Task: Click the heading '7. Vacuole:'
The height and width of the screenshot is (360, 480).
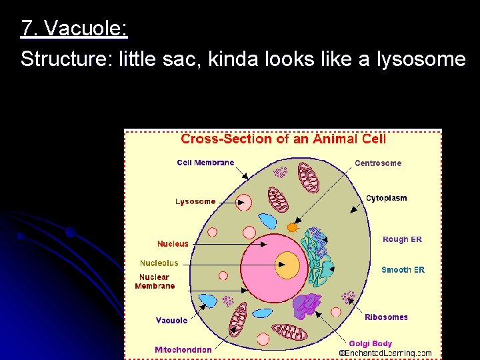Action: coord(74,29)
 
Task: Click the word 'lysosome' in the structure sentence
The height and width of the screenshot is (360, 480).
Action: coord(423,60)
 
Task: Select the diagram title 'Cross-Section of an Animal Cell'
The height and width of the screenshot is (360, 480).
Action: coord(283,139)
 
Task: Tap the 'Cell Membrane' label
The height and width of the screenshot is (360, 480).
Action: coord(205,163)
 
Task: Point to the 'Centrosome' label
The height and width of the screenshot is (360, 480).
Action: coord(378,163)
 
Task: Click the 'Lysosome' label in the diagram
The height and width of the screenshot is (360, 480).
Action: coord(195,201)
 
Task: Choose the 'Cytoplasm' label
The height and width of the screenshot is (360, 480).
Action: coord(386,198)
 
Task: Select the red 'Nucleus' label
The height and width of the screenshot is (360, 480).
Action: coord(173,244)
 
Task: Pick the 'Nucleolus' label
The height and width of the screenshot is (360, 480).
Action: coord(159,263)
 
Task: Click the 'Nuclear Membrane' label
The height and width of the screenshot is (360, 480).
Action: coord(155,281)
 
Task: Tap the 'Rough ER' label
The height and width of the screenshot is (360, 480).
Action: coord(402,239)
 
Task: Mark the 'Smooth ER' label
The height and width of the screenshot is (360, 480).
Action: coord(403,270)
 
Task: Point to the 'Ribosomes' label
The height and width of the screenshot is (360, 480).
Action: coord(386,317)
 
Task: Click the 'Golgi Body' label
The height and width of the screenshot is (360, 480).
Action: coord(370,343)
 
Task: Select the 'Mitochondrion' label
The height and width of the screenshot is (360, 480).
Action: coord(183,349)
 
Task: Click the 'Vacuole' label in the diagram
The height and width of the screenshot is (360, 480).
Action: coord(171,321)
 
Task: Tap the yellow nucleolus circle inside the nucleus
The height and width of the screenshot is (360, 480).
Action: coord(287,265)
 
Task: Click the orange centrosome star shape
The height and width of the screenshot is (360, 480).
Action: coord(292,227)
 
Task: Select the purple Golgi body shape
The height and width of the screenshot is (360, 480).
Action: coord(308,306)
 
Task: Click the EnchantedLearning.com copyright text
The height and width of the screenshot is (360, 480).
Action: coord(385,353)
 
